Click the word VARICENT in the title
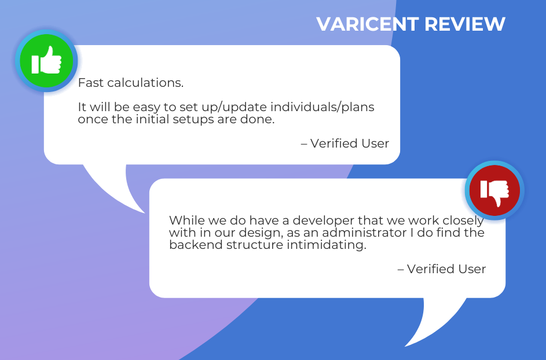tap(367, 24)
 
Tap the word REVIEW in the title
tap(465, 24)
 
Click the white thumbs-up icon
tap(46, 60)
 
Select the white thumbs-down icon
tap(494, 193)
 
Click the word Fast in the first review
tap(90, 83)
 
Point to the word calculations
tap(145, 83)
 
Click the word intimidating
tap(327, 245)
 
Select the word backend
tap(196, 245)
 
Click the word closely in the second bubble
tap(463, 221)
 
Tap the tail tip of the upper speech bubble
tap(145, 213)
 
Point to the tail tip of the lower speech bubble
tap(405, 347)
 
